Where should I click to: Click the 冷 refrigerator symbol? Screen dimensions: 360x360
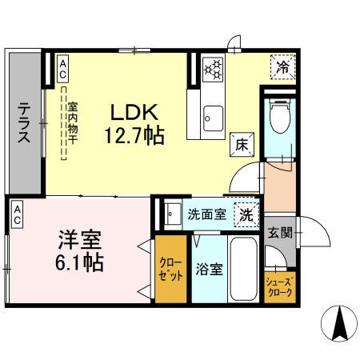[282, 68]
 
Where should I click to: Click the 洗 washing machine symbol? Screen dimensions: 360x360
[246, 214]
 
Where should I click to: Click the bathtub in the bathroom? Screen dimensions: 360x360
[242, 268]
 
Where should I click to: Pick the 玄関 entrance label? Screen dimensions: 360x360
[281, 233]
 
